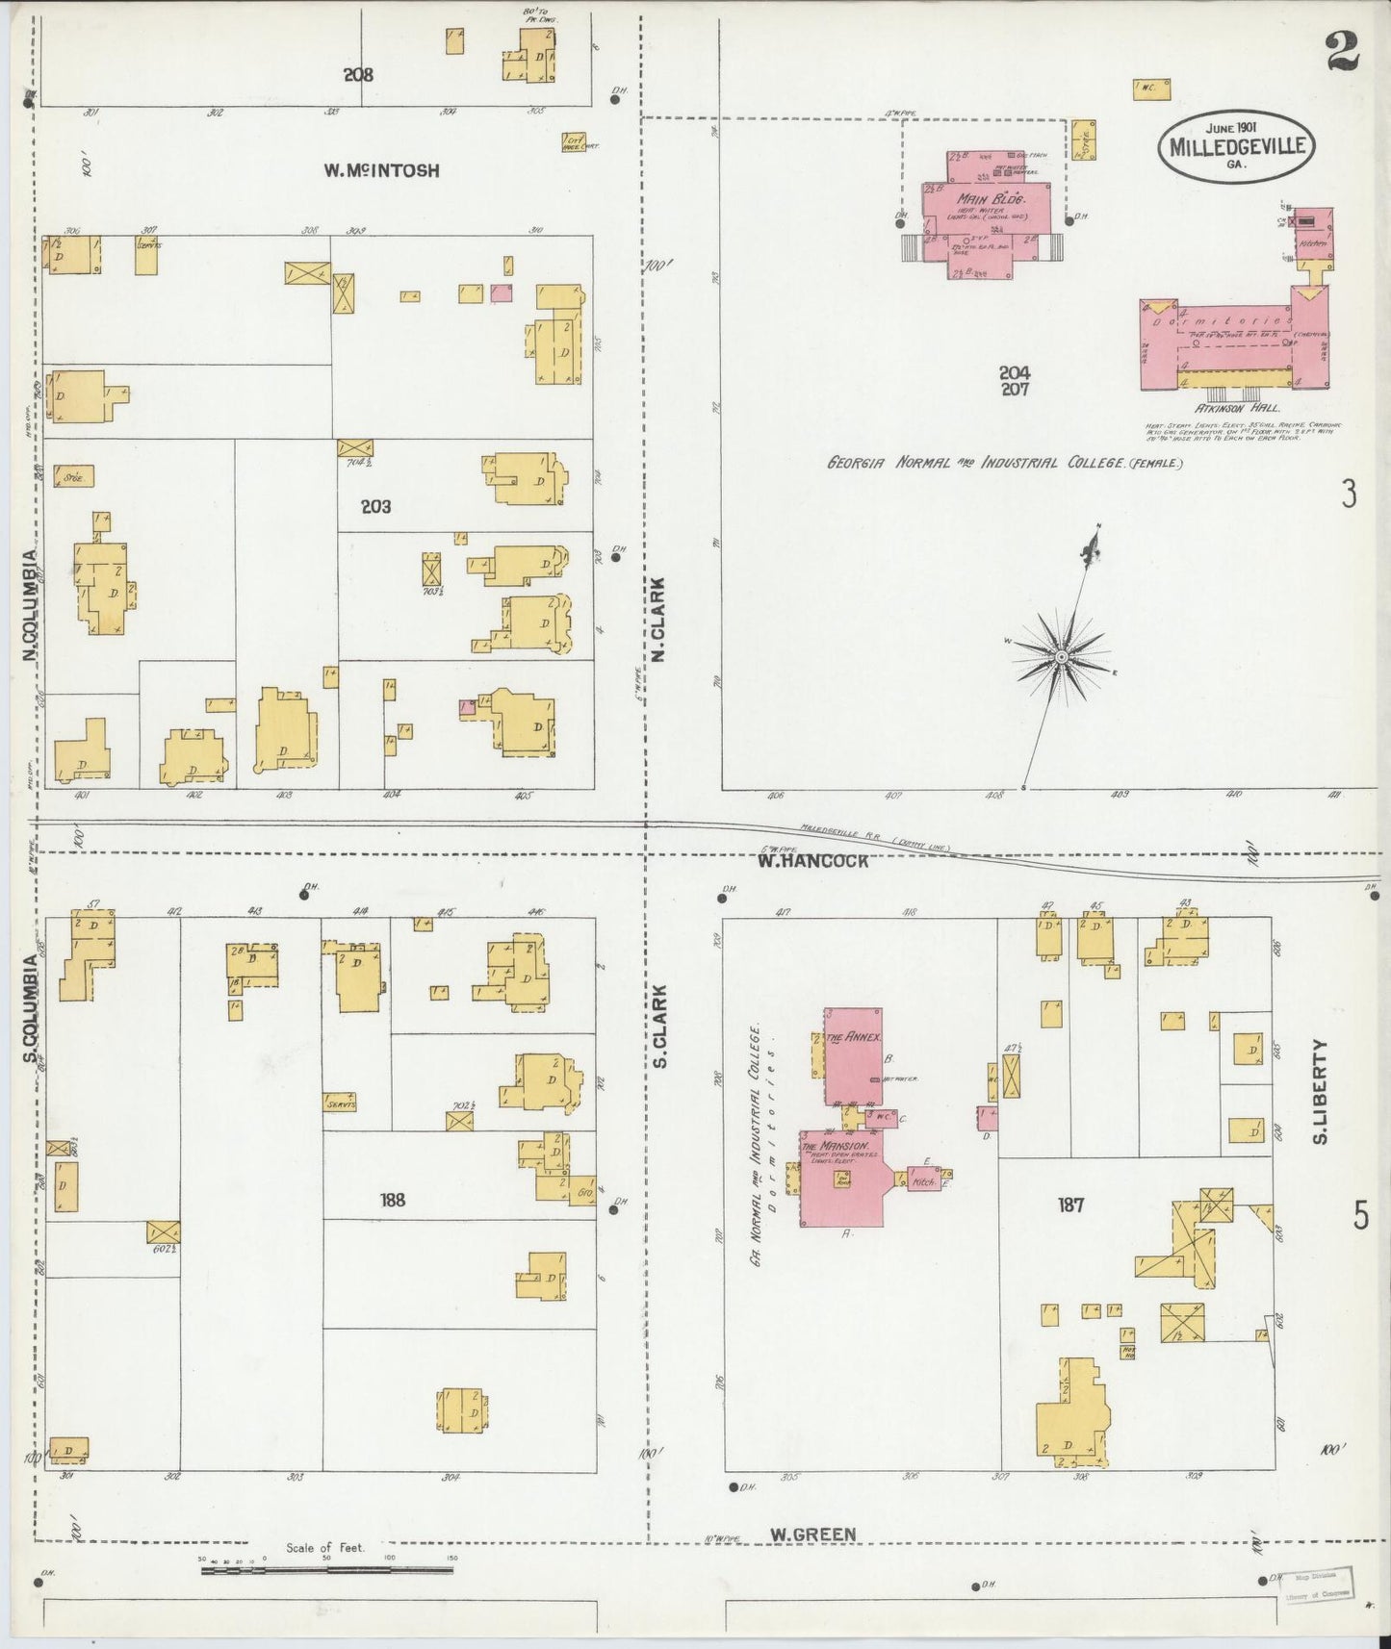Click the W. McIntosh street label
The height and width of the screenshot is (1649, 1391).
[381, 170]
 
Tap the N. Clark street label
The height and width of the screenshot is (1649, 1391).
[658, 620]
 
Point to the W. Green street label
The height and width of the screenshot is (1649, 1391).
[812, 1534]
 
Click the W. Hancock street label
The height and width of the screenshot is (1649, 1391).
[812, 861]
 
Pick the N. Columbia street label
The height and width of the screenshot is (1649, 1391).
[31, 604]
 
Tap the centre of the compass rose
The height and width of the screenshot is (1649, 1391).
[1060, 656]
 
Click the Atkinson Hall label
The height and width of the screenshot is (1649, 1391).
[1224, 407]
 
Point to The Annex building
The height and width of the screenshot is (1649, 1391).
[853, 1056]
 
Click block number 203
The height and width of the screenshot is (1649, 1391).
[375, 506]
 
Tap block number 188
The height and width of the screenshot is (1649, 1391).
[393, 1200]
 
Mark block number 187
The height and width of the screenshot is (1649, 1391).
[1070, 1205]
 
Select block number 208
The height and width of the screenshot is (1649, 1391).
[358, 74]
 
